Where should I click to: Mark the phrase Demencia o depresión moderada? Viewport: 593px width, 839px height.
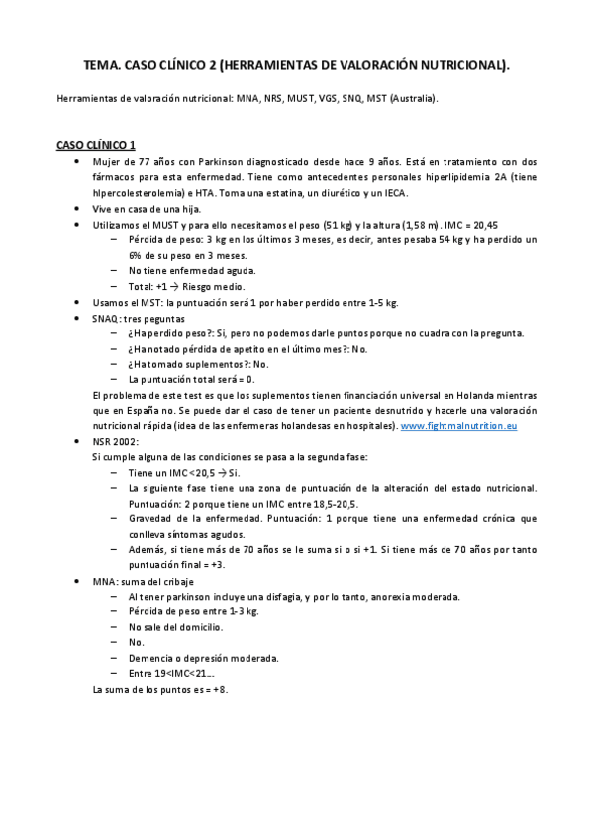point(203,657)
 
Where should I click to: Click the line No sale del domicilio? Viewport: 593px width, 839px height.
point(175,626)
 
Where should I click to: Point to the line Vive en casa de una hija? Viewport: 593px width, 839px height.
point(148,209)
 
